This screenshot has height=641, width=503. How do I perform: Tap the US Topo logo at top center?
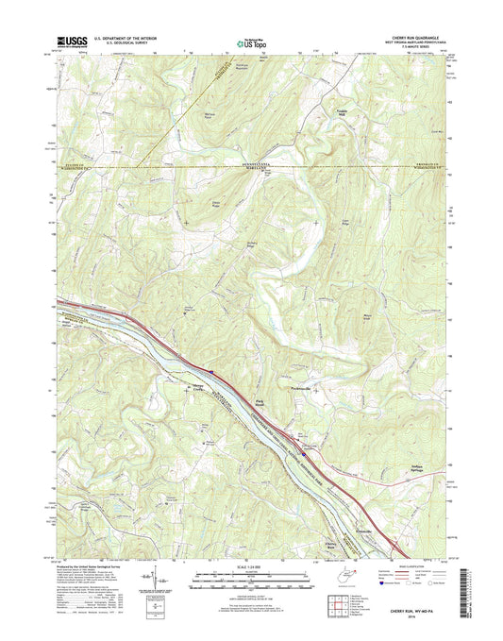(249, 42)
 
